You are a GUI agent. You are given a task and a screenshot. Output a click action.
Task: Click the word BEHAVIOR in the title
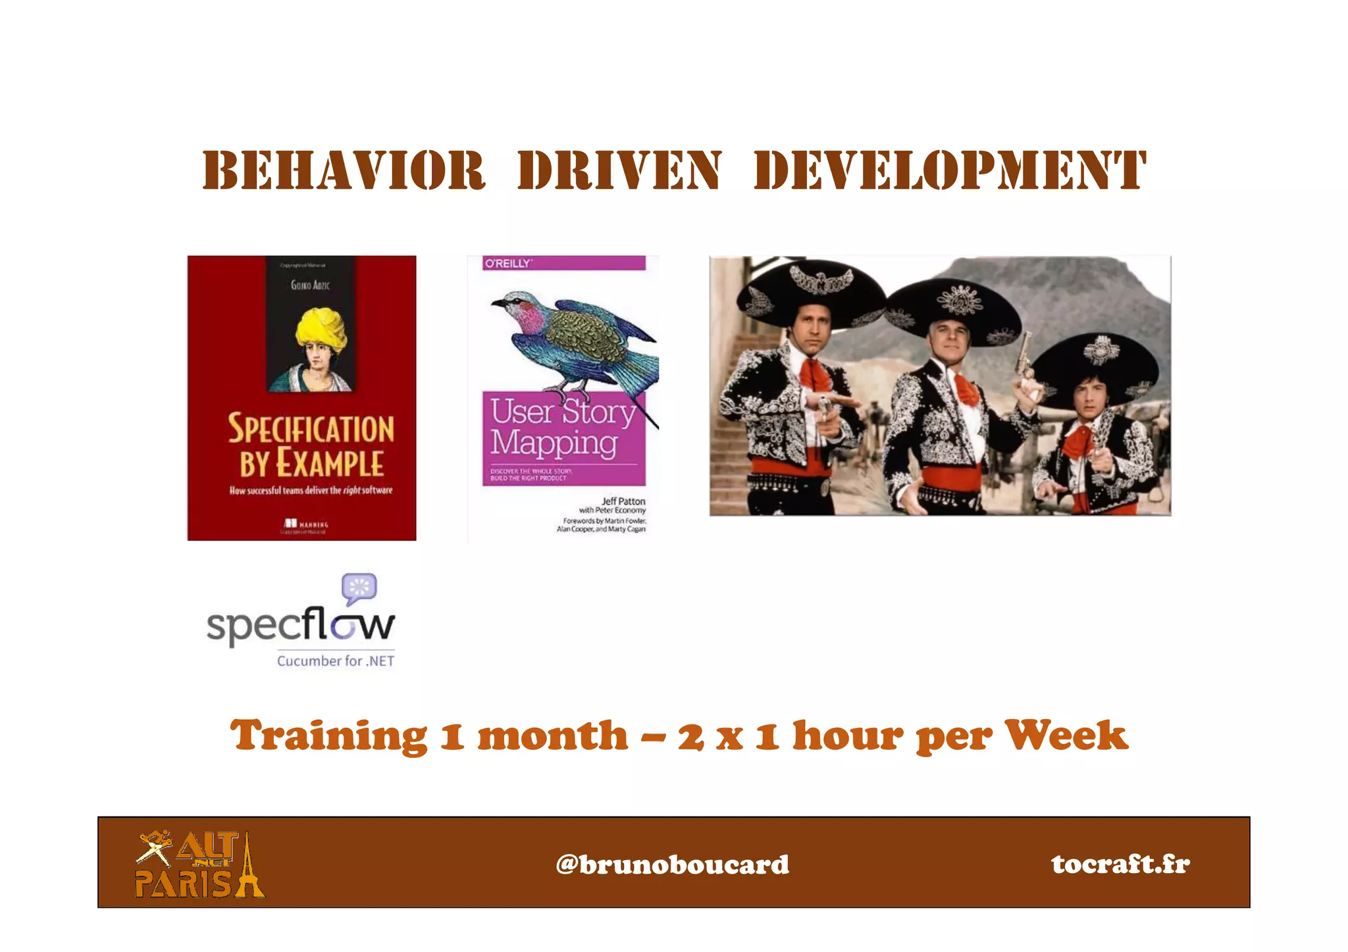344,170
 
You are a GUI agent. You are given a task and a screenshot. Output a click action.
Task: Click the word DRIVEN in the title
619,170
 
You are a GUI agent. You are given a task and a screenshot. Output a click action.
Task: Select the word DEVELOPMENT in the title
950,170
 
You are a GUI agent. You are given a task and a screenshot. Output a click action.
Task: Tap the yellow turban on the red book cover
321,328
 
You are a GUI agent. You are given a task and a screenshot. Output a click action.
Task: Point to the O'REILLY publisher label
507,263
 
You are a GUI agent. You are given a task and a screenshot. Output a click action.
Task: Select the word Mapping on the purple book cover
554,443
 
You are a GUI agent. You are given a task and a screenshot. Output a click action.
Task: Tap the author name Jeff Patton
623,501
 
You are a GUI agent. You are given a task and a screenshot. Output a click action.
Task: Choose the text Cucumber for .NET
336,661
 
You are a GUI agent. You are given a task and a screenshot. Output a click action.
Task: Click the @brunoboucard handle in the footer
672,864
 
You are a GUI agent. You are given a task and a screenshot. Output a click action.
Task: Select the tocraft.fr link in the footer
1120,864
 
